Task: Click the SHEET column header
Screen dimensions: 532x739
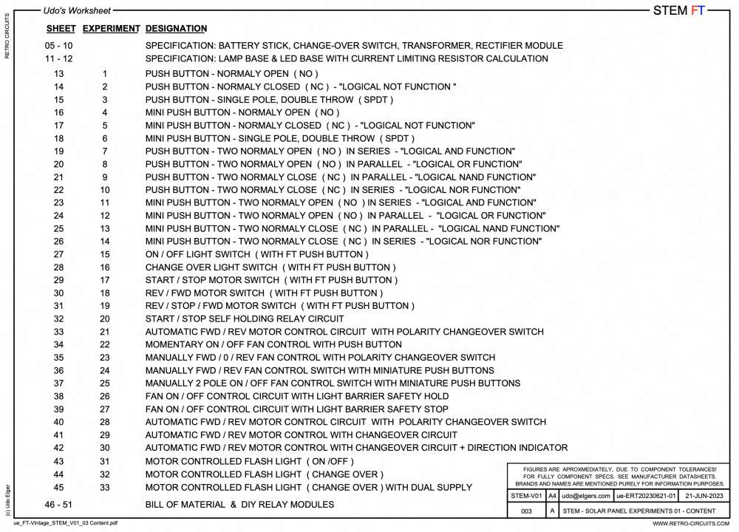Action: click(x=61, y=29)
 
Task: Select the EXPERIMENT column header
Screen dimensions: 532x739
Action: click(x=111, y=29)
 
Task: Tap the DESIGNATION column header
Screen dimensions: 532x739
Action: click(x=176, y=29)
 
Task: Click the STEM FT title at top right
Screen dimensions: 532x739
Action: click(x=679, y=10)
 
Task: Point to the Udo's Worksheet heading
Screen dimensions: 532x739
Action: click(x=77, y=11)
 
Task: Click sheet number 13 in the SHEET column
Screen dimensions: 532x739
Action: click(x=59, y=74)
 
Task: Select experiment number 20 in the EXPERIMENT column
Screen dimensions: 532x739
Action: click(x=105, y=319)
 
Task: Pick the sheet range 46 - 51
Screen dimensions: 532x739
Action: click(x=58, y=505)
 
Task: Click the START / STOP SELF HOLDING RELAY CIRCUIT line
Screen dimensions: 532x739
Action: click(x=245, y=319)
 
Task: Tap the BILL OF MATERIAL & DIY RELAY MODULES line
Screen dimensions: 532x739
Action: click(x=239, y=505)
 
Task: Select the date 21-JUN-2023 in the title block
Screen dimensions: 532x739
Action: click(x=705, y=496)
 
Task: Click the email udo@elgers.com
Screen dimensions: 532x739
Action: click(x=586, y=496)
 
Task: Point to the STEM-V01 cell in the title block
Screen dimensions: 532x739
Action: click(x=526, y=496)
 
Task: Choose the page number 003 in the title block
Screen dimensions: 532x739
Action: click(x=526, y=511)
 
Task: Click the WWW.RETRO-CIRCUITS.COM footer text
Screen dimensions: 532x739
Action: click(x=689, y=524)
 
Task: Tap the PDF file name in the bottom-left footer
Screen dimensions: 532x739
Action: click(x=65, y=524)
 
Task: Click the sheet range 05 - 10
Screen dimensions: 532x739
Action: click(x=58, y=46)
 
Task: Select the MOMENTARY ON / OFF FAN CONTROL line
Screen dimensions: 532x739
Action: click(x=273, y=345)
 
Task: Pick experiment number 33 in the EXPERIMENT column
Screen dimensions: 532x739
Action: click(x=105, y=487)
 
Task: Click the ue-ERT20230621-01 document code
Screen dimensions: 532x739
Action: click(x=646, y=496)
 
